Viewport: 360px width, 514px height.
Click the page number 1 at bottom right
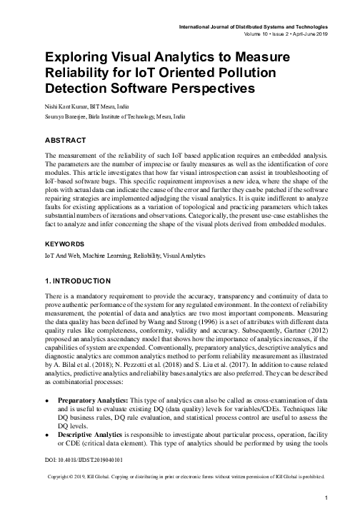[x=325, y=497]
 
